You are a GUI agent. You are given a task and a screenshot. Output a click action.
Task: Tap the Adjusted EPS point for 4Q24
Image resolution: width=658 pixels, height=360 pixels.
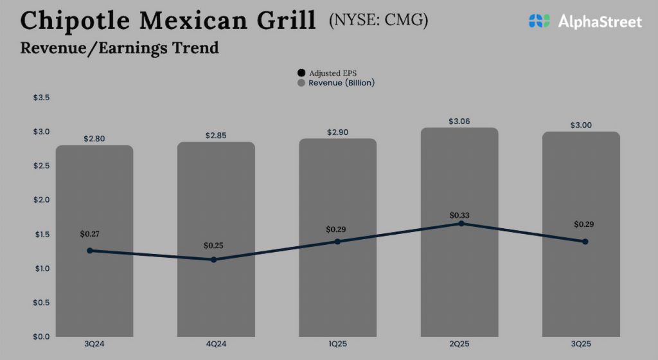tap(214, 260)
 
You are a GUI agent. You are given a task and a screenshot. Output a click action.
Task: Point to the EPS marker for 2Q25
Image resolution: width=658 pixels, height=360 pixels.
tap(461, 223)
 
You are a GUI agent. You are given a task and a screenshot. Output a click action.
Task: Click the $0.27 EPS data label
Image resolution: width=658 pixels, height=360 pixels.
tap(91, 234)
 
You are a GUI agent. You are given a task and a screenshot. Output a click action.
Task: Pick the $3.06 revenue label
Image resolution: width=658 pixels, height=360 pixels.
tap(459, 121)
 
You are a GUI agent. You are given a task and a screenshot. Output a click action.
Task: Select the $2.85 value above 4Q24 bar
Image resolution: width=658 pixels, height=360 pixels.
tap(216, 136)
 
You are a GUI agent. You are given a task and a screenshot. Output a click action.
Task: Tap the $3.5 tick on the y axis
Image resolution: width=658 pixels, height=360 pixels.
tap(41, 98)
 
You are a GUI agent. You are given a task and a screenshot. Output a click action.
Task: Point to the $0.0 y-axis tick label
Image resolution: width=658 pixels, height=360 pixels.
tap(41, 336)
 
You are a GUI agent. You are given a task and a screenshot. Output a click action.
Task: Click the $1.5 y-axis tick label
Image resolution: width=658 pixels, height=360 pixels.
tap(41, 234)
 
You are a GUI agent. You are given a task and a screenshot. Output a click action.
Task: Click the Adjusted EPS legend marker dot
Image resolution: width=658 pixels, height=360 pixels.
tap(301, 73)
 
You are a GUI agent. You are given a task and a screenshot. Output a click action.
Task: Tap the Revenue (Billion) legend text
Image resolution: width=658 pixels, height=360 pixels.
tap(341, 83)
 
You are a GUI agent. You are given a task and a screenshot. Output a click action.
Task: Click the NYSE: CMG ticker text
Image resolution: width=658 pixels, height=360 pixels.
tap(378, 21)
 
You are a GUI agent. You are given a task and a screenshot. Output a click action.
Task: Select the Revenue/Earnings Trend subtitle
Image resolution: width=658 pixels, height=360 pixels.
tap(120, 48)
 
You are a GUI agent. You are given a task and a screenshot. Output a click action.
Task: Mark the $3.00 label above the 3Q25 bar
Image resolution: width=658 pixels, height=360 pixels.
tap(581, 125)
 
